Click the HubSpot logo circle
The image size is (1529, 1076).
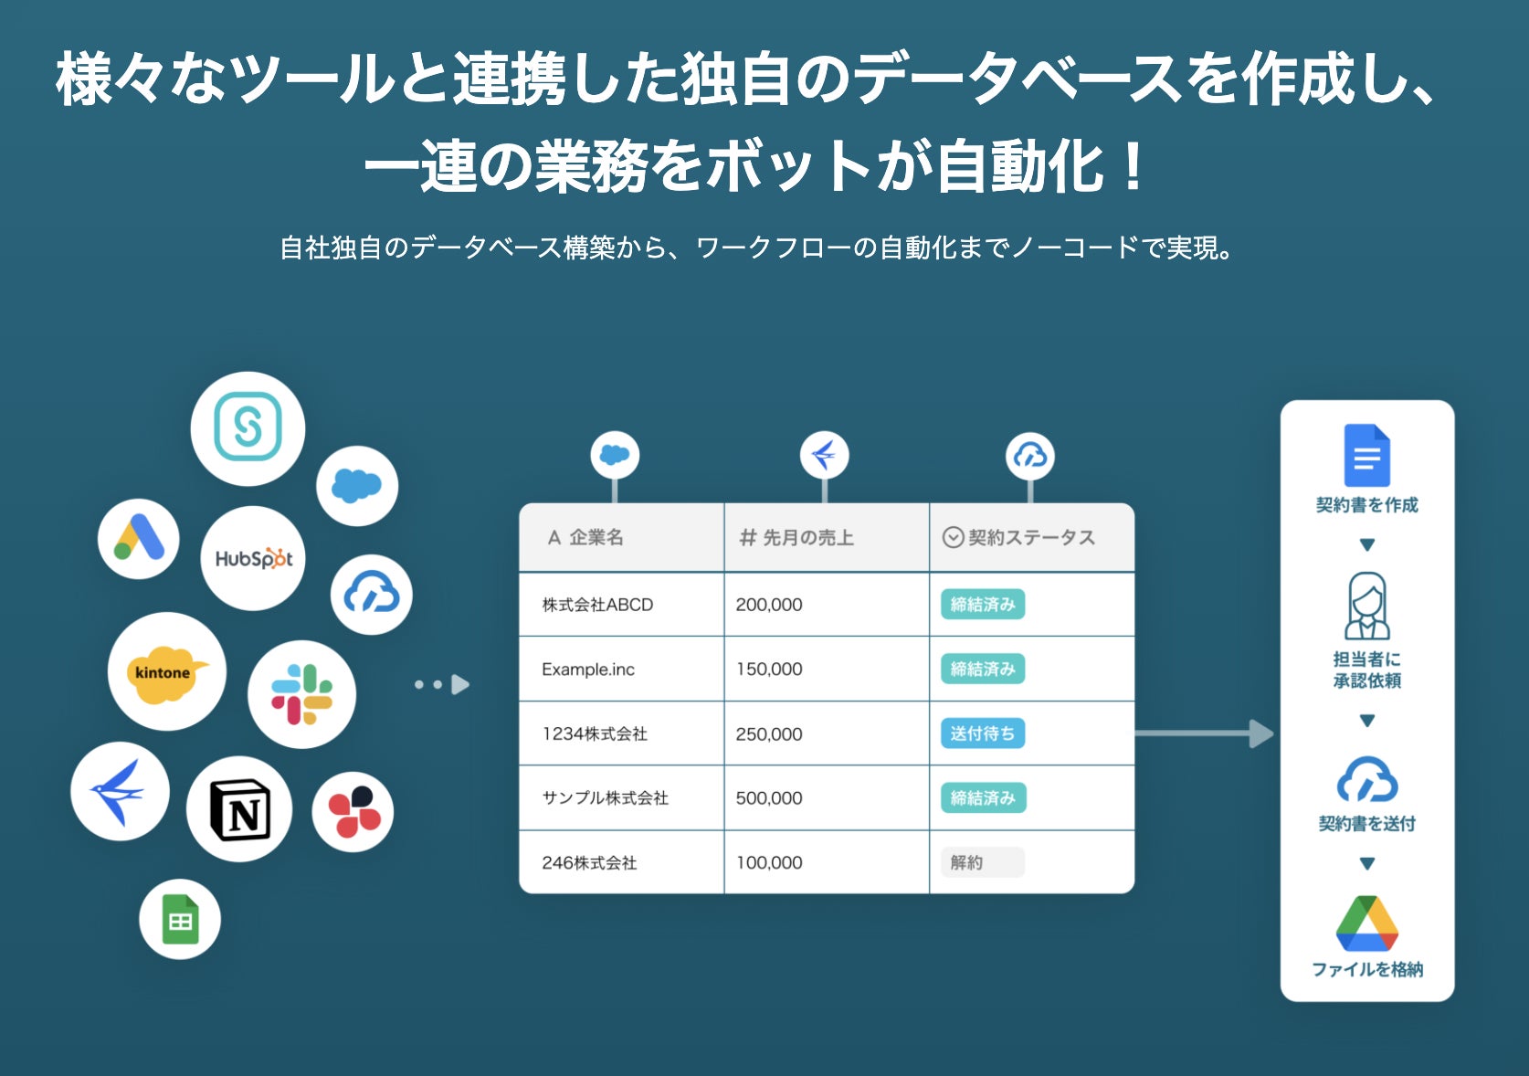pos(253,558)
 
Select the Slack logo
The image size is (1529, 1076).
pos(301,694)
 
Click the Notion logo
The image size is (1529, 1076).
pos(239,809)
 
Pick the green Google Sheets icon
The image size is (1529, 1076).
pos(180,919)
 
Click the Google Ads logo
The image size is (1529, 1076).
pos(139,539)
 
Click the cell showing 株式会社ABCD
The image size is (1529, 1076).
pos(597,605)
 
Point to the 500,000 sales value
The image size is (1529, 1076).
pos(769,798)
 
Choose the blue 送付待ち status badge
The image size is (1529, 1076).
pos(982,733)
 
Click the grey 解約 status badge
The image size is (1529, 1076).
pos(982,862)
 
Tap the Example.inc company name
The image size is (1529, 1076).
pos(588,670)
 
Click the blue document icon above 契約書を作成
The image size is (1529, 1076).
pos(1366,456)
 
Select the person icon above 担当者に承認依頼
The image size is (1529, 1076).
pos(1366,606)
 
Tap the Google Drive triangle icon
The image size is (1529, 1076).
pos(1366,924)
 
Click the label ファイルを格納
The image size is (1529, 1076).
pos(1366,970)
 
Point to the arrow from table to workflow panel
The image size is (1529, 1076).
pos(1204,733)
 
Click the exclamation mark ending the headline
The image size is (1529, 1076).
pos(1134,167)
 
